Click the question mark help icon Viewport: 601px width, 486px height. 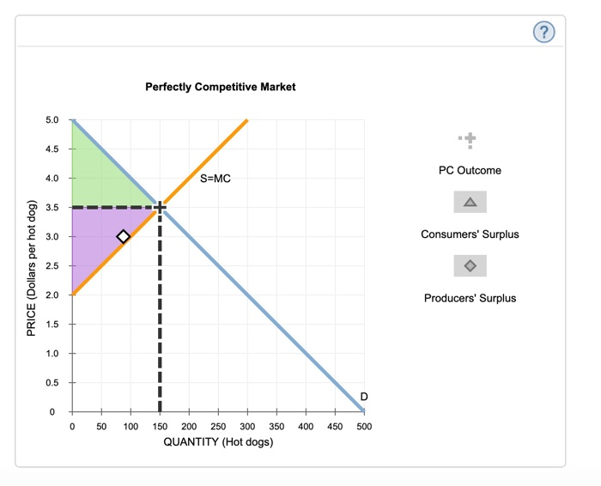tap(544, 33)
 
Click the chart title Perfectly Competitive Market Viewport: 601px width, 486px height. tap(221, 87)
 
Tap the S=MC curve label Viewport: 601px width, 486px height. tap(216, 179)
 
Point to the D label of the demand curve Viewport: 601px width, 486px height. tap(364, 396)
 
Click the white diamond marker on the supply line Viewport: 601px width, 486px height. tap(124, 236)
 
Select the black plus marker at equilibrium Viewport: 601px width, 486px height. tap(160, 207)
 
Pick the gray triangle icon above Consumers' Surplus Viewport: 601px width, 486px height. tap(470, 203)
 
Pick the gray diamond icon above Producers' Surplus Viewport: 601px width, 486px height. tap(470, 266)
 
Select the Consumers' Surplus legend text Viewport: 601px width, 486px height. tap(470, 234)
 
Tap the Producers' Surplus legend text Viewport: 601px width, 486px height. tap(470, 298)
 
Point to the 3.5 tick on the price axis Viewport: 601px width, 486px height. tap(52, 207)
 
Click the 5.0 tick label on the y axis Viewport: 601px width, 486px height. tap(52, 119)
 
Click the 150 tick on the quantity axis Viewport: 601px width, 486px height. tap(160, 426)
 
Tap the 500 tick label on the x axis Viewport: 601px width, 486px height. tap(364, 426)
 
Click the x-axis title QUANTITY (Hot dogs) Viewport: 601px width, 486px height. tap(218, 442)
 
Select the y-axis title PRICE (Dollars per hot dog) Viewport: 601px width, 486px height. tap(33, 267)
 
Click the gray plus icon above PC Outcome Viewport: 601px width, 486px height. tap(469, 140)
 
